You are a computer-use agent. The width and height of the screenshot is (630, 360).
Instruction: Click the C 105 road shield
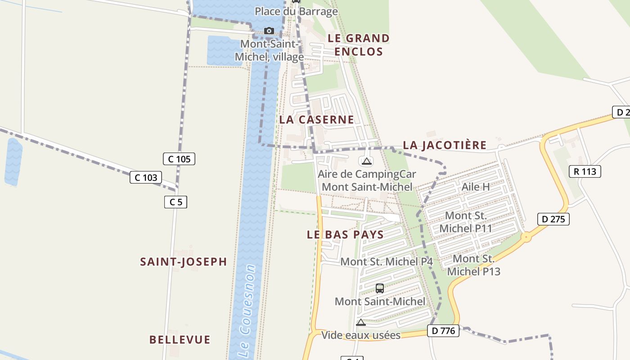179,159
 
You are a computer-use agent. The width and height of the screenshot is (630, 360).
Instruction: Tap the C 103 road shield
146,177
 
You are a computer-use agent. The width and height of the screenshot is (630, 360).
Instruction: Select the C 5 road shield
175,202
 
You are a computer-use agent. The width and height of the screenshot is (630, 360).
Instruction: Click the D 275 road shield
553,219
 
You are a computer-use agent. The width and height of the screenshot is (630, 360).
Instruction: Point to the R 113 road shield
585,171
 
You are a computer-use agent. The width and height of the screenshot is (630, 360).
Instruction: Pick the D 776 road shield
443,331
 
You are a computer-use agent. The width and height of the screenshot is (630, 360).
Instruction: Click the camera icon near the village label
269,31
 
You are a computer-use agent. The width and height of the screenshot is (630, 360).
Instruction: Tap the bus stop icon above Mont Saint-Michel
379,288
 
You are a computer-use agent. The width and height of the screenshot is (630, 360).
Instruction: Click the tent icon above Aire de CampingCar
367,161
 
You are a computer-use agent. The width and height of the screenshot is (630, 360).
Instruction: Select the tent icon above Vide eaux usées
360,322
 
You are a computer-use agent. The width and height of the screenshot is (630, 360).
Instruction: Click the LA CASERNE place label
316,120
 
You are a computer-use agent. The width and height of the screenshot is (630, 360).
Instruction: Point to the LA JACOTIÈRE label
445,145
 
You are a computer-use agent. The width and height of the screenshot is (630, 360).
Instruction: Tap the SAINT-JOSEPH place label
183,262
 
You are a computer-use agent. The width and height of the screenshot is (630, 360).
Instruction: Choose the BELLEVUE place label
180,340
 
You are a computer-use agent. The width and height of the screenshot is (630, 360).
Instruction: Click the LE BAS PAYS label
345,234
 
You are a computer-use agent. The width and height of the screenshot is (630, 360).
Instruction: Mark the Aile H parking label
476,186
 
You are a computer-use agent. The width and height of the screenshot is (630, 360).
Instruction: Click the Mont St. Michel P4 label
387,261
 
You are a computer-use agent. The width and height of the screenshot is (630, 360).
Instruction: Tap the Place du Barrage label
296,12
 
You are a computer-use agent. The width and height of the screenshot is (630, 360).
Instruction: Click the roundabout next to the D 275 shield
526,237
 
